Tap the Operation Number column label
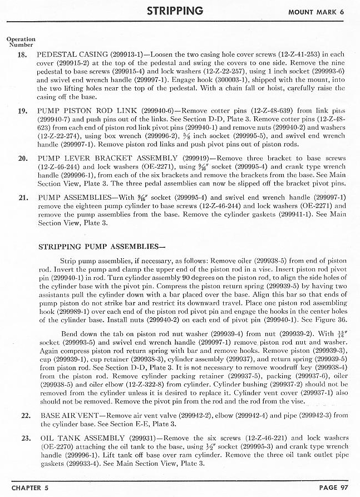pos(21,42)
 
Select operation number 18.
pos(23,55)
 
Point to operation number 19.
pos(23,111)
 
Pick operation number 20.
pos(23,158)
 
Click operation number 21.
pos(23,198)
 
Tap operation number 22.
pos(25,416)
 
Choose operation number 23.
pos(25,438)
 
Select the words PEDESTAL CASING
pos(71,55)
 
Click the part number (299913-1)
pos(129,55)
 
